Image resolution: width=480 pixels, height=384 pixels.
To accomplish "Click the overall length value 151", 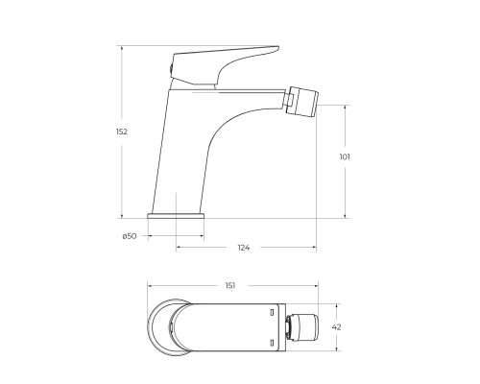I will (231, 286).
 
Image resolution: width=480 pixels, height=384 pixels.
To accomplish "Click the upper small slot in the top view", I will (274, 312).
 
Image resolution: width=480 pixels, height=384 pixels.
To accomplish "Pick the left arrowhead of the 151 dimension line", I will (150, 286).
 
